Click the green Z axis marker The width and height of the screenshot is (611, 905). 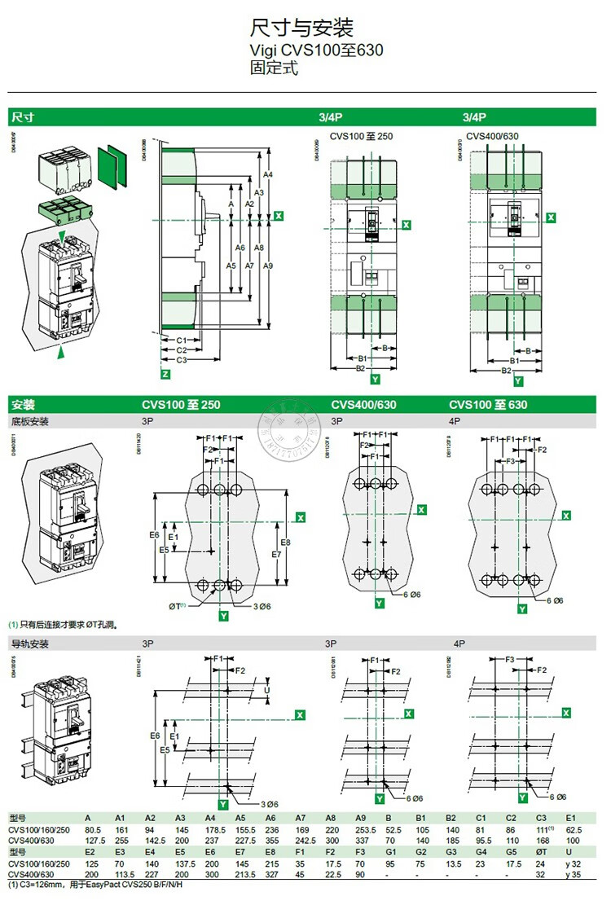click(166, 374)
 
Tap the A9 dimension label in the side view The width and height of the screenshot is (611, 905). click(269, 266)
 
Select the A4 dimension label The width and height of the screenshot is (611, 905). click(268, 175)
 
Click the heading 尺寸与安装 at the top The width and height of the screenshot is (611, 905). click(301, 29)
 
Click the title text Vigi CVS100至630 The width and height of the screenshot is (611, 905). click(316, 51)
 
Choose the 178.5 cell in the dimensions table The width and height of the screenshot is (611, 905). click(215, 829)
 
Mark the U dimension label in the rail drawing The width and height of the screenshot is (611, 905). click(269, 689)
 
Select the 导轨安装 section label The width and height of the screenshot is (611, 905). click(30, 644)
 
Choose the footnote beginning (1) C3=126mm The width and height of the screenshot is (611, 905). click(95, 885)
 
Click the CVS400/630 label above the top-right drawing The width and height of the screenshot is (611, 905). click(492, 136)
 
